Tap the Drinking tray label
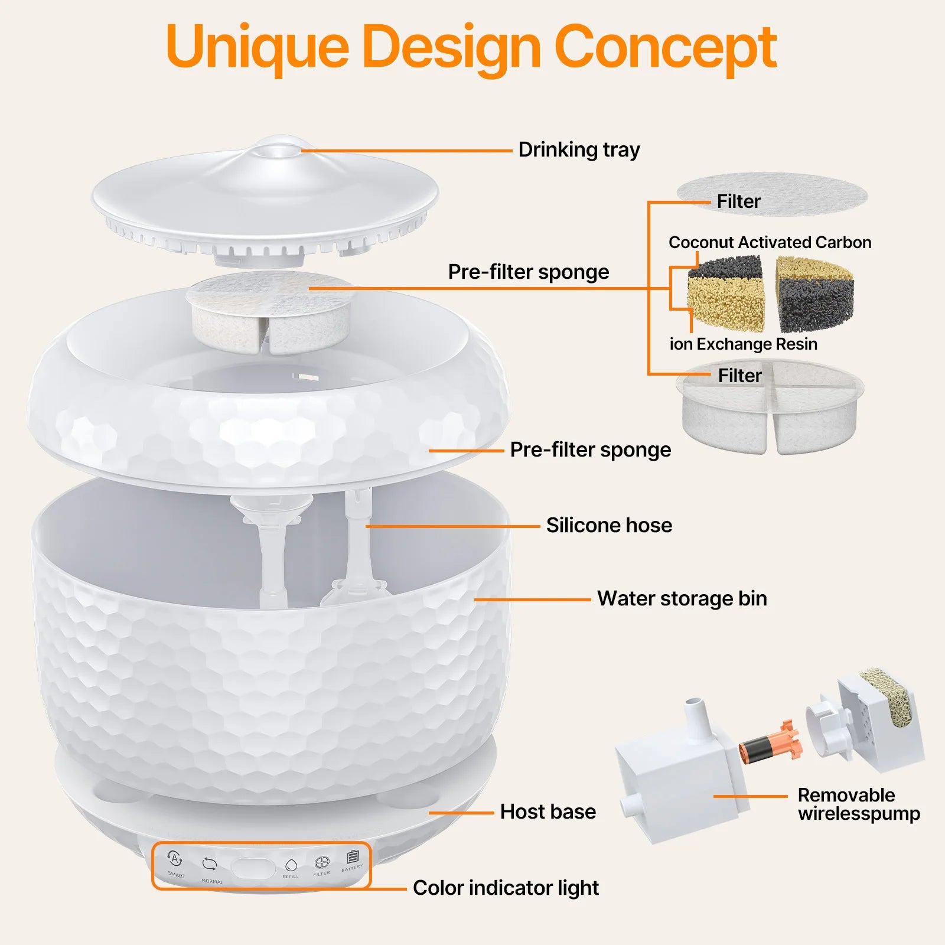pyautogui.click(x=579, y=150)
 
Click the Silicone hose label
pyautogui.click(x=609, y=525)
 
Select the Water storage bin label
pyautogui.click(x=682, y=598)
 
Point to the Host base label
pyautogui.click(x=548, y=812)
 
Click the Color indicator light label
pyautogui.click(x=506, y=888)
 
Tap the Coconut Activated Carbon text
pyautogui.click(x=770, y=242)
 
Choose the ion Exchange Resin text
pyautogui.click(x=744, y=344)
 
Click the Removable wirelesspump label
pyautogui.click(x=859, y=804)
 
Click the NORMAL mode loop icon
pyautogui.click(x=210, y=865)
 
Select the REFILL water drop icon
pyautogui.click(x=290, y=865)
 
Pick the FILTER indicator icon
pyautogui.click(x=322, y=863)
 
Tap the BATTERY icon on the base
pyautogui.click(x=353, y=857)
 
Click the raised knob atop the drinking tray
pyautogui.click(x=278, y=148)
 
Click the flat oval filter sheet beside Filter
pyautogui.click(x=772, y=194)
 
